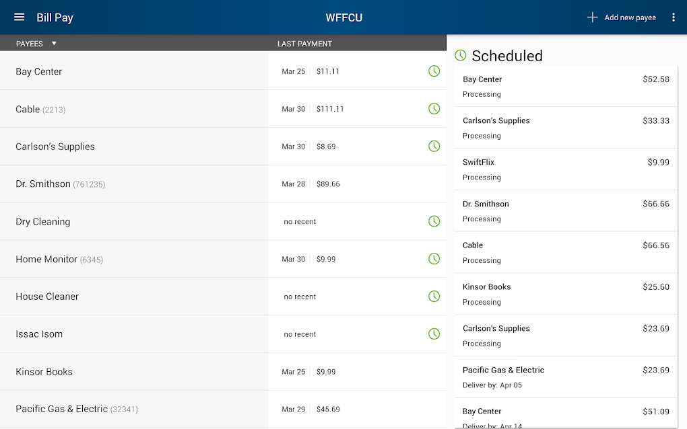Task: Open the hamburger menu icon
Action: pos(19,17)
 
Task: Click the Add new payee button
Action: pos(621,17)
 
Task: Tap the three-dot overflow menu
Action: pos(673,17)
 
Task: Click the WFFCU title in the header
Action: pos(343,17)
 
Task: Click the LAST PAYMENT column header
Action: pos(304,44)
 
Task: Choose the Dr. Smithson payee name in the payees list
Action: pos(43,184)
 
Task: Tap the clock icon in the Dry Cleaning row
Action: pos(434,221)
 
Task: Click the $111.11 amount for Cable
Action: pos(330,109)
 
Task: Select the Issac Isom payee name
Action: pos(39,334)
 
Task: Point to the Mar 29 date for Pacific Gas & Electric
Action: pos(293,409)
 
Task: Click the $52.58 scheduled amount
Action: pos(656,79)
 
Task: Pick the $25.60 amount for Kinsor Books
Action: pos(656,287)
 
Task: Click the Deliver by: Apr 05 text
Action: pos(492,385)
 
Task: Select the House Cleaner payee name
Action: pos(47,297)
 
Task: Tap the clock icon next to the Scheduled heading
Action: pos(461,55)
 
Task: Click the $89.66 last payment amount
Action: pos(328,184)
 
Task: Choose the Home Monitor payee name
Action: pos(46,259)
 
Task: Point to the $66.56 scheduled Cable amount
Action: pos(656,245)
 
